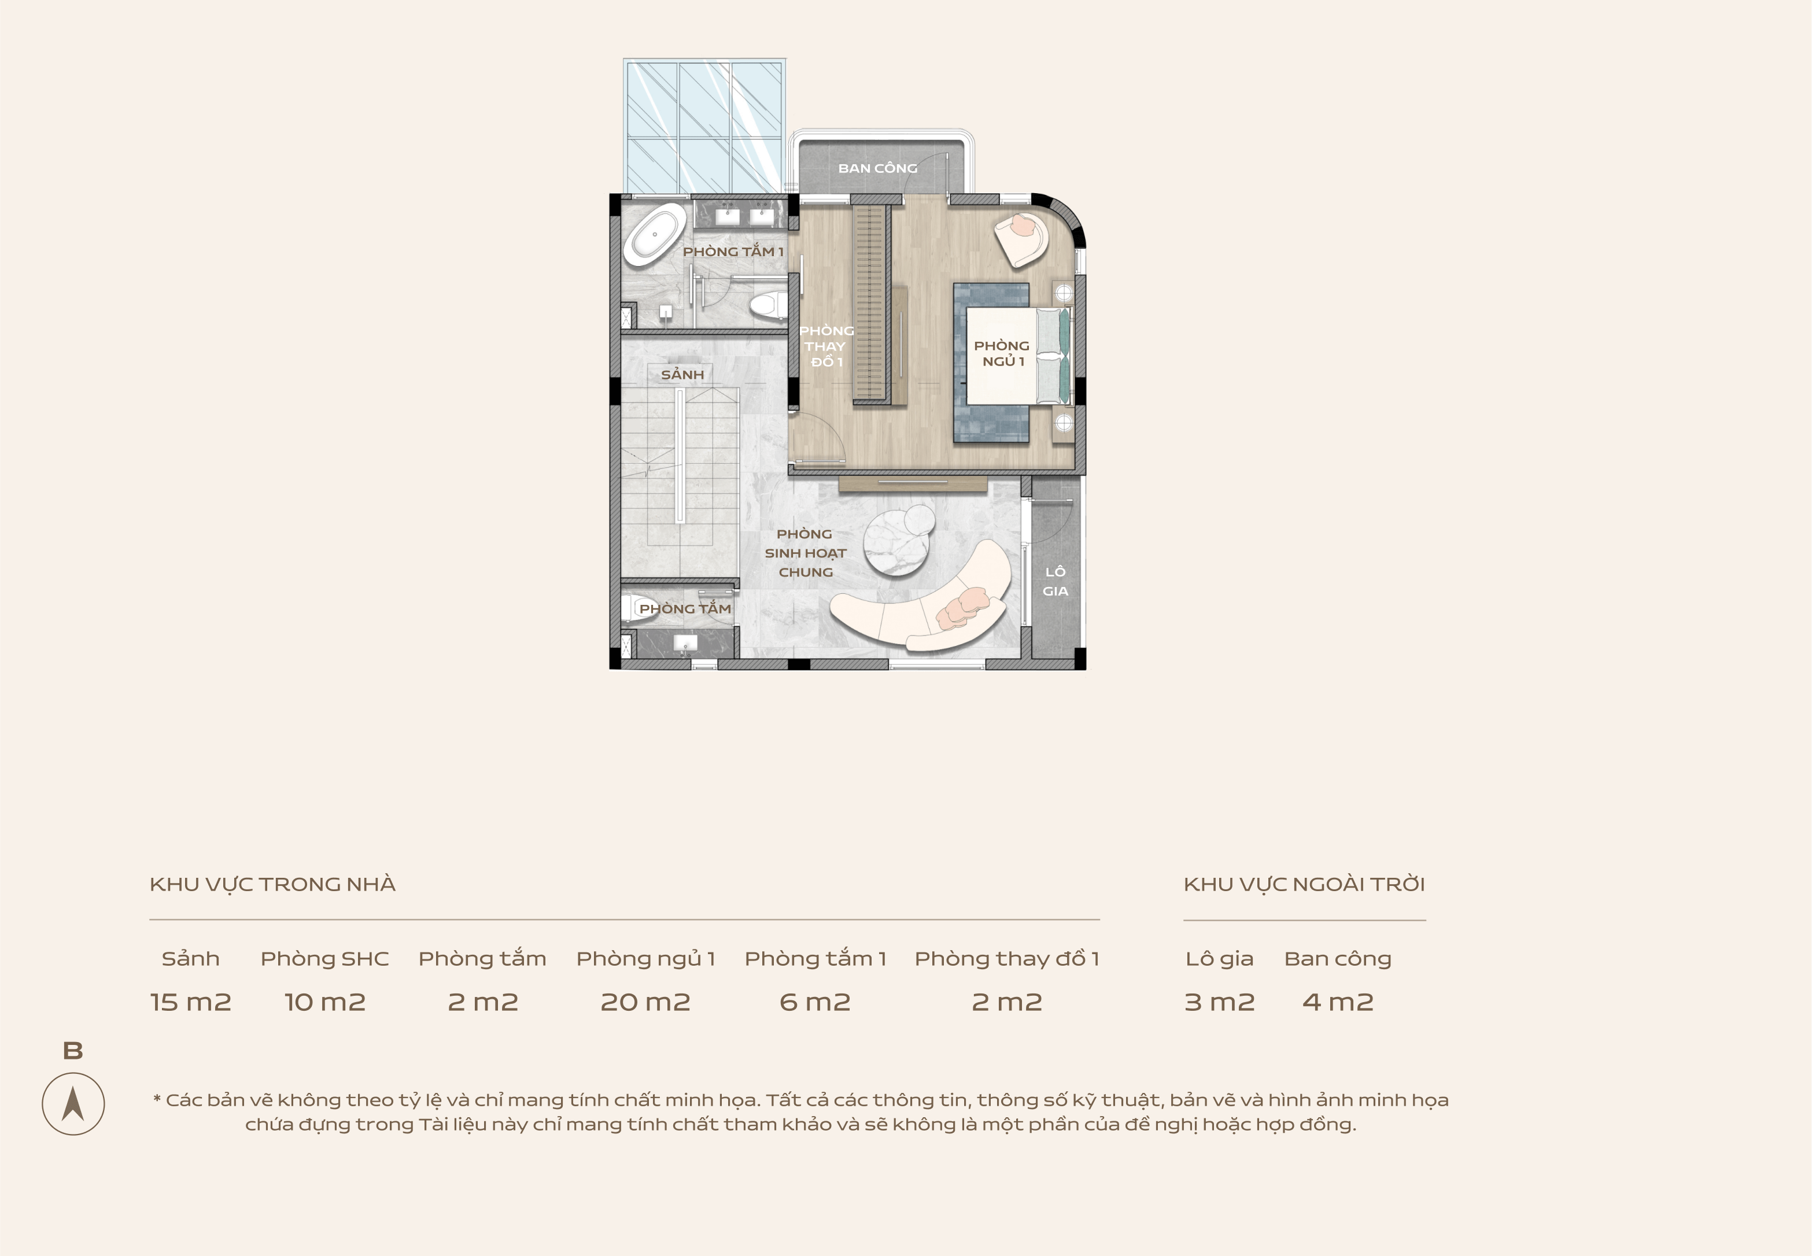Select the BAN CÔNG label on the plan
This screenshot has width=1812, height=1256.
click(x=878, y=168)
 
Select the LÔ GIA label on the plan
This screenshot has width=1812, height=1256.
click(x=1056, y=582)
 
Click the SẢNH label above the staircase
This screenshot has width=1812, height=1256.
click(x=682, y=375)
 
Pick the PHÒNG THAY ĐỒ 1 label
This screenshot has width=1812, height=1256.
click(x=826, y=346)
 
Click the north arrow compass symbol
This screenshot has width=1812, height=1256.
click(x=73, y=1103)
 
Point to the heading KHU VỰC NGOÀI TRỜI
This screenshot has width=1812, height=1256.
click(x=1304, y=885)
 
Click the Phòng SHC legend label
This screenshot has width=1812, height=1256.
click(x=325, y=959)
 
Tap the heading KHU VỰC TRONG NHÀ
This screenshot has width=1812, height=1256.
click(x=272, y=885)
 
